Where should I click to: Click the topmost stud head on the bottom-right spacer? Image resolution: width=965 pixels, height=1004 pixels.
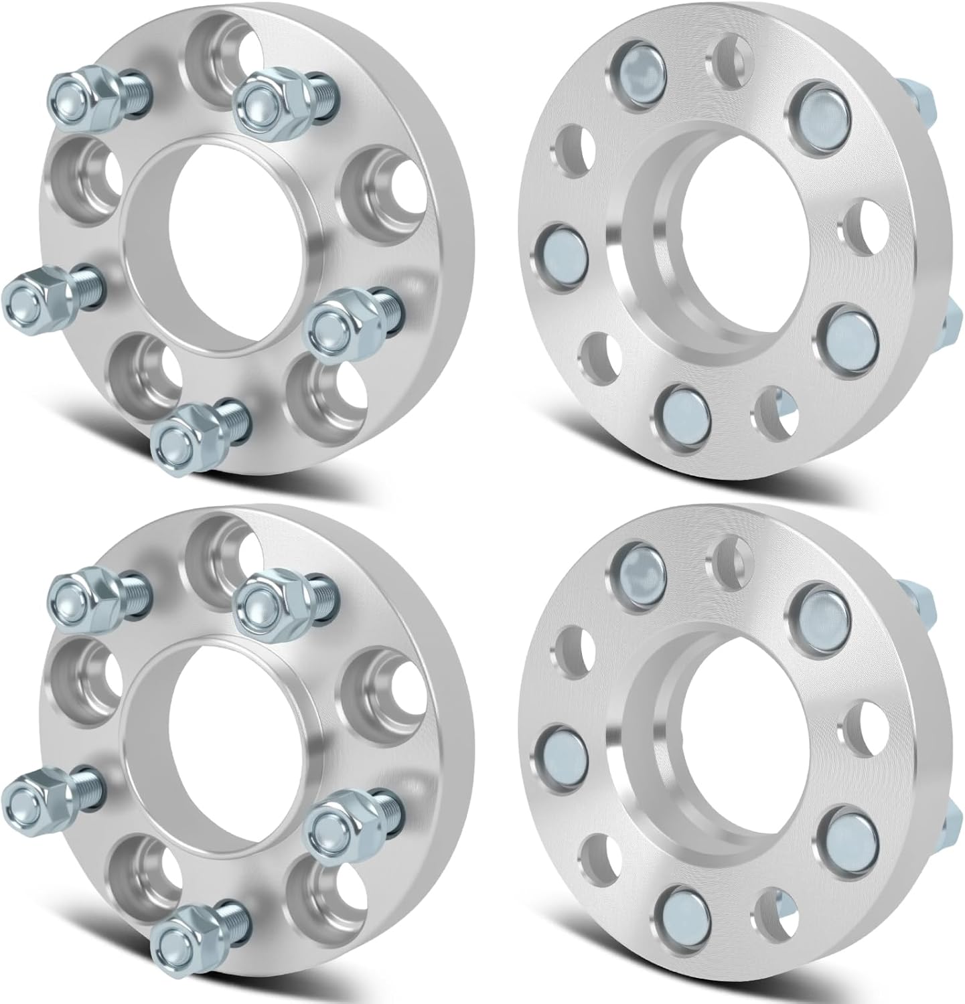639,567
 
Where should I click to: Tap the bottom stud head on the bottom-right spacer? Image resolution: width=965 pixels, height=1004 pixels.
682,909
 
